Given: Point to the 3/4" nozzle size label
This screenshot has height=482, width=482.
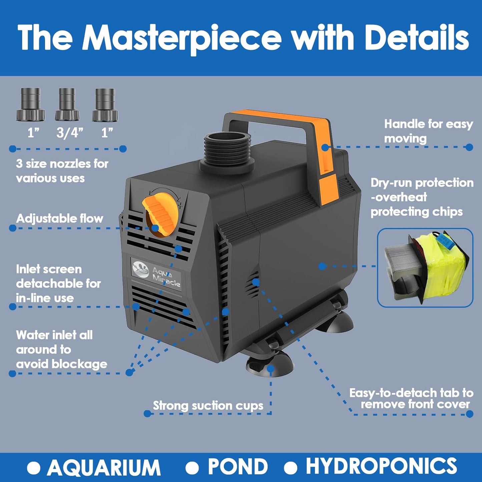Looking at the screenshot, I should click(x=69, y=133).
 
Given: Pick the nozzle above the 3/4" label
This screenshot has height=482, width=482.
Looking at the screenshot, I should click(x=67, y=104).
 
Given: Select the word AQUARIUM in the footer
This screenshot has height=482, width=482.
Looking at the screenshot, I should click(x=103, y=467).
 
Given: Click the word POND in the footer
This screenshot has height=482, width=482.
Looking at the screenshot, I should click(x=237, y=467).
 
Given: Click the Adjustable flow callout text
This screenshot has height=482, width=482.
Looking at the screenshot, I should click(x=60, y=218).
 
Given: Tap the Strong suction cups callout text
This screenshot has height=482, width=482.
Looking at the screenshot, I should click(x=208, y=406).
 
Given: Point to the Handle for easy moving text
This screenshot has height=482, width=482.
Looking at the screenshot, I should click(x=428, y=131).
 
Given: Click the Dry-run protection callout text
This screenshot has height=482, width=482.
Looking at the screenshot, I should click(x=422, y=197).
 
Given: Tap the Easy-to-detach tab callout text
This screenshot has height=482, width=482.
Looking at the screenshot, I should click(x=411, y=399).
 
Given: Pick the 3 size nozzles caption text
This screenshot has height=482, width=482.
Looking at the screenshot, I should click(x=62, y=171).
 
